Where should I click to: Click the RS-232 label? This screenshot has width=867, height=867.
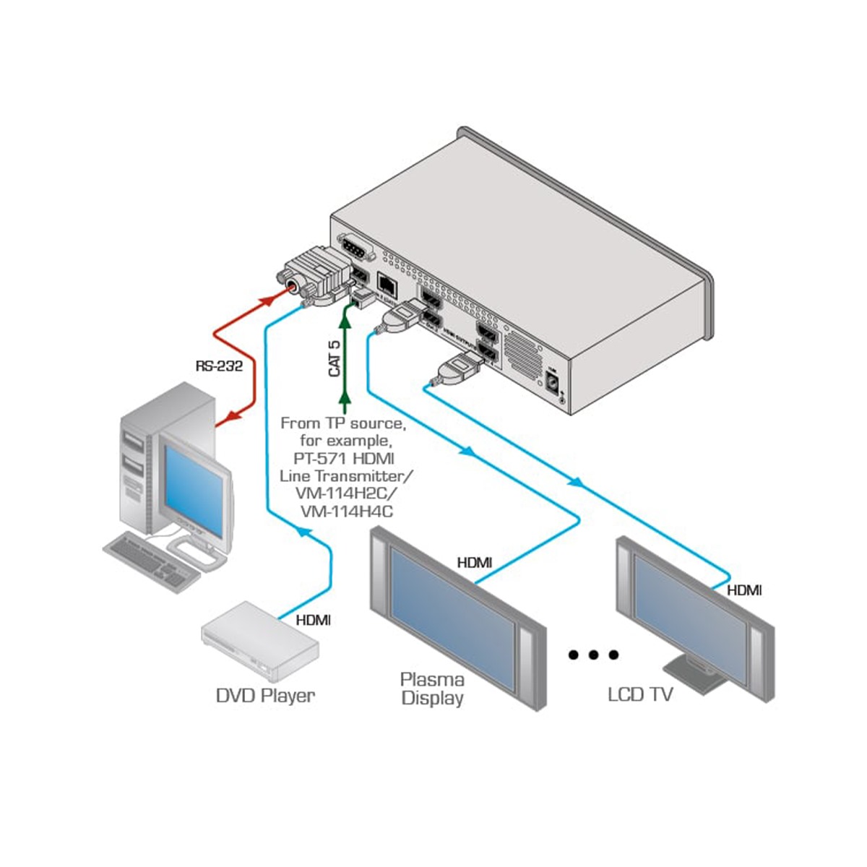pos(219,366)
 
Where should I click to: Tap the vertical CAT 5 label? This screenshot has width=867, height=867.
pos(335,359)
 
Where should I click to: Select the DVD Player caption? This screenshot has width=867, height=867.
pos(265,696)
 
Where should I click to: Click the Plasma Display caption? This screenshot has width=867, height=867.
pos(431,689)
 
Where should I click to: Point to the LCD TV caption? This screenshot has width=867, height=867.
pos(640,695)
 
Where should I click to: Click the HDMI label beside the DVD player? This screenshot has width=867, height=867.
pos(313,620)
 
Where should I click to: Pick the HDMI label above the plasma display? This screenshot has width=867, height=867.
pos(475,562)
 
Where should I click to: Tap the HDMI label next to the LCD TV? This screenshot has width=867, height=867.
pos(743,590)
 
